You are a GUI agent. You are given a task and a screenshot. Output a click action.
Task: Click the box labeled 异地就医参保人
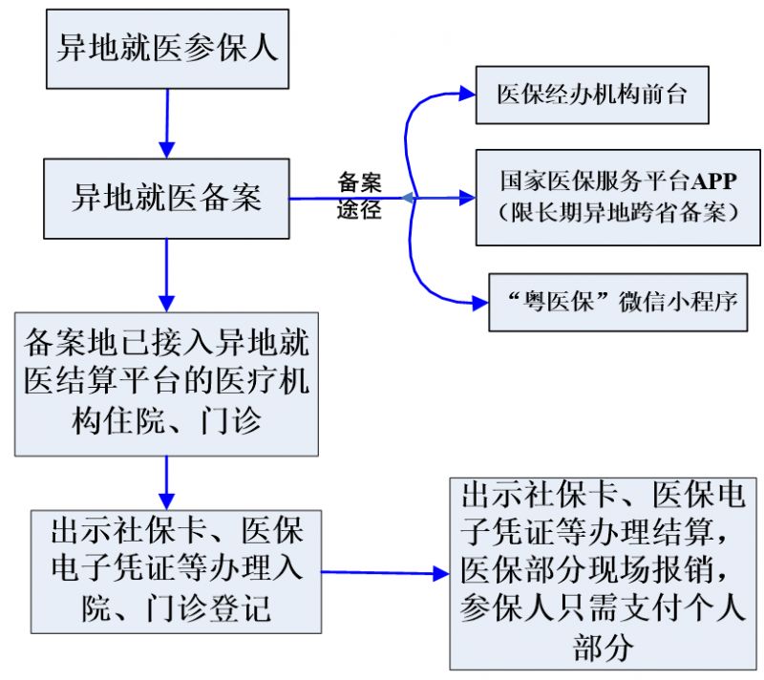[x=167, y=48]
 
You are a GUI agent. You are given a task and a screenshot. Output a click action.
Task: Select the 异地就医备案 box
[x=167, y=199]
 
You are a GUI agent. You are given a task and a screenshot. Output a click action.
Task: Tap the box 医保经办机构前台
[x=591, y=94]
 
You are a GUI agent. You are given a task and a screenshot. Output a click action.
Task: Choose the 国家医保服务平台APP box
[x=618, y=198]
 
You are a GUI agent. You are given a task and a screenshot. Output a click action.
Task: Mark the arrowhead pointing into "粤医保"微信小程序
[x=478, y=303]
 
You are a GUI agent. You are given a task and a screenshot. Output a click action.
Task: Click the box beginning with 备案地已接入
[x=167, y=382]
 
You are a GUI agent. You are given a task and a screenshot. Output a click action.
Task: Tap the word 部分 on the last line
[x=604, y=648]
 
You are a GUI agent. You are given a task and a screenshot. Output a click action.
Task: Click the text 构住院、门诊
[x=167, y=420]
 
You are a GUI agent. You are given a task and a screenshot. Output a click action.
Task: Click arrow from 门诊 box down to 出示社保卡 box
[x=167, y=482]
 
